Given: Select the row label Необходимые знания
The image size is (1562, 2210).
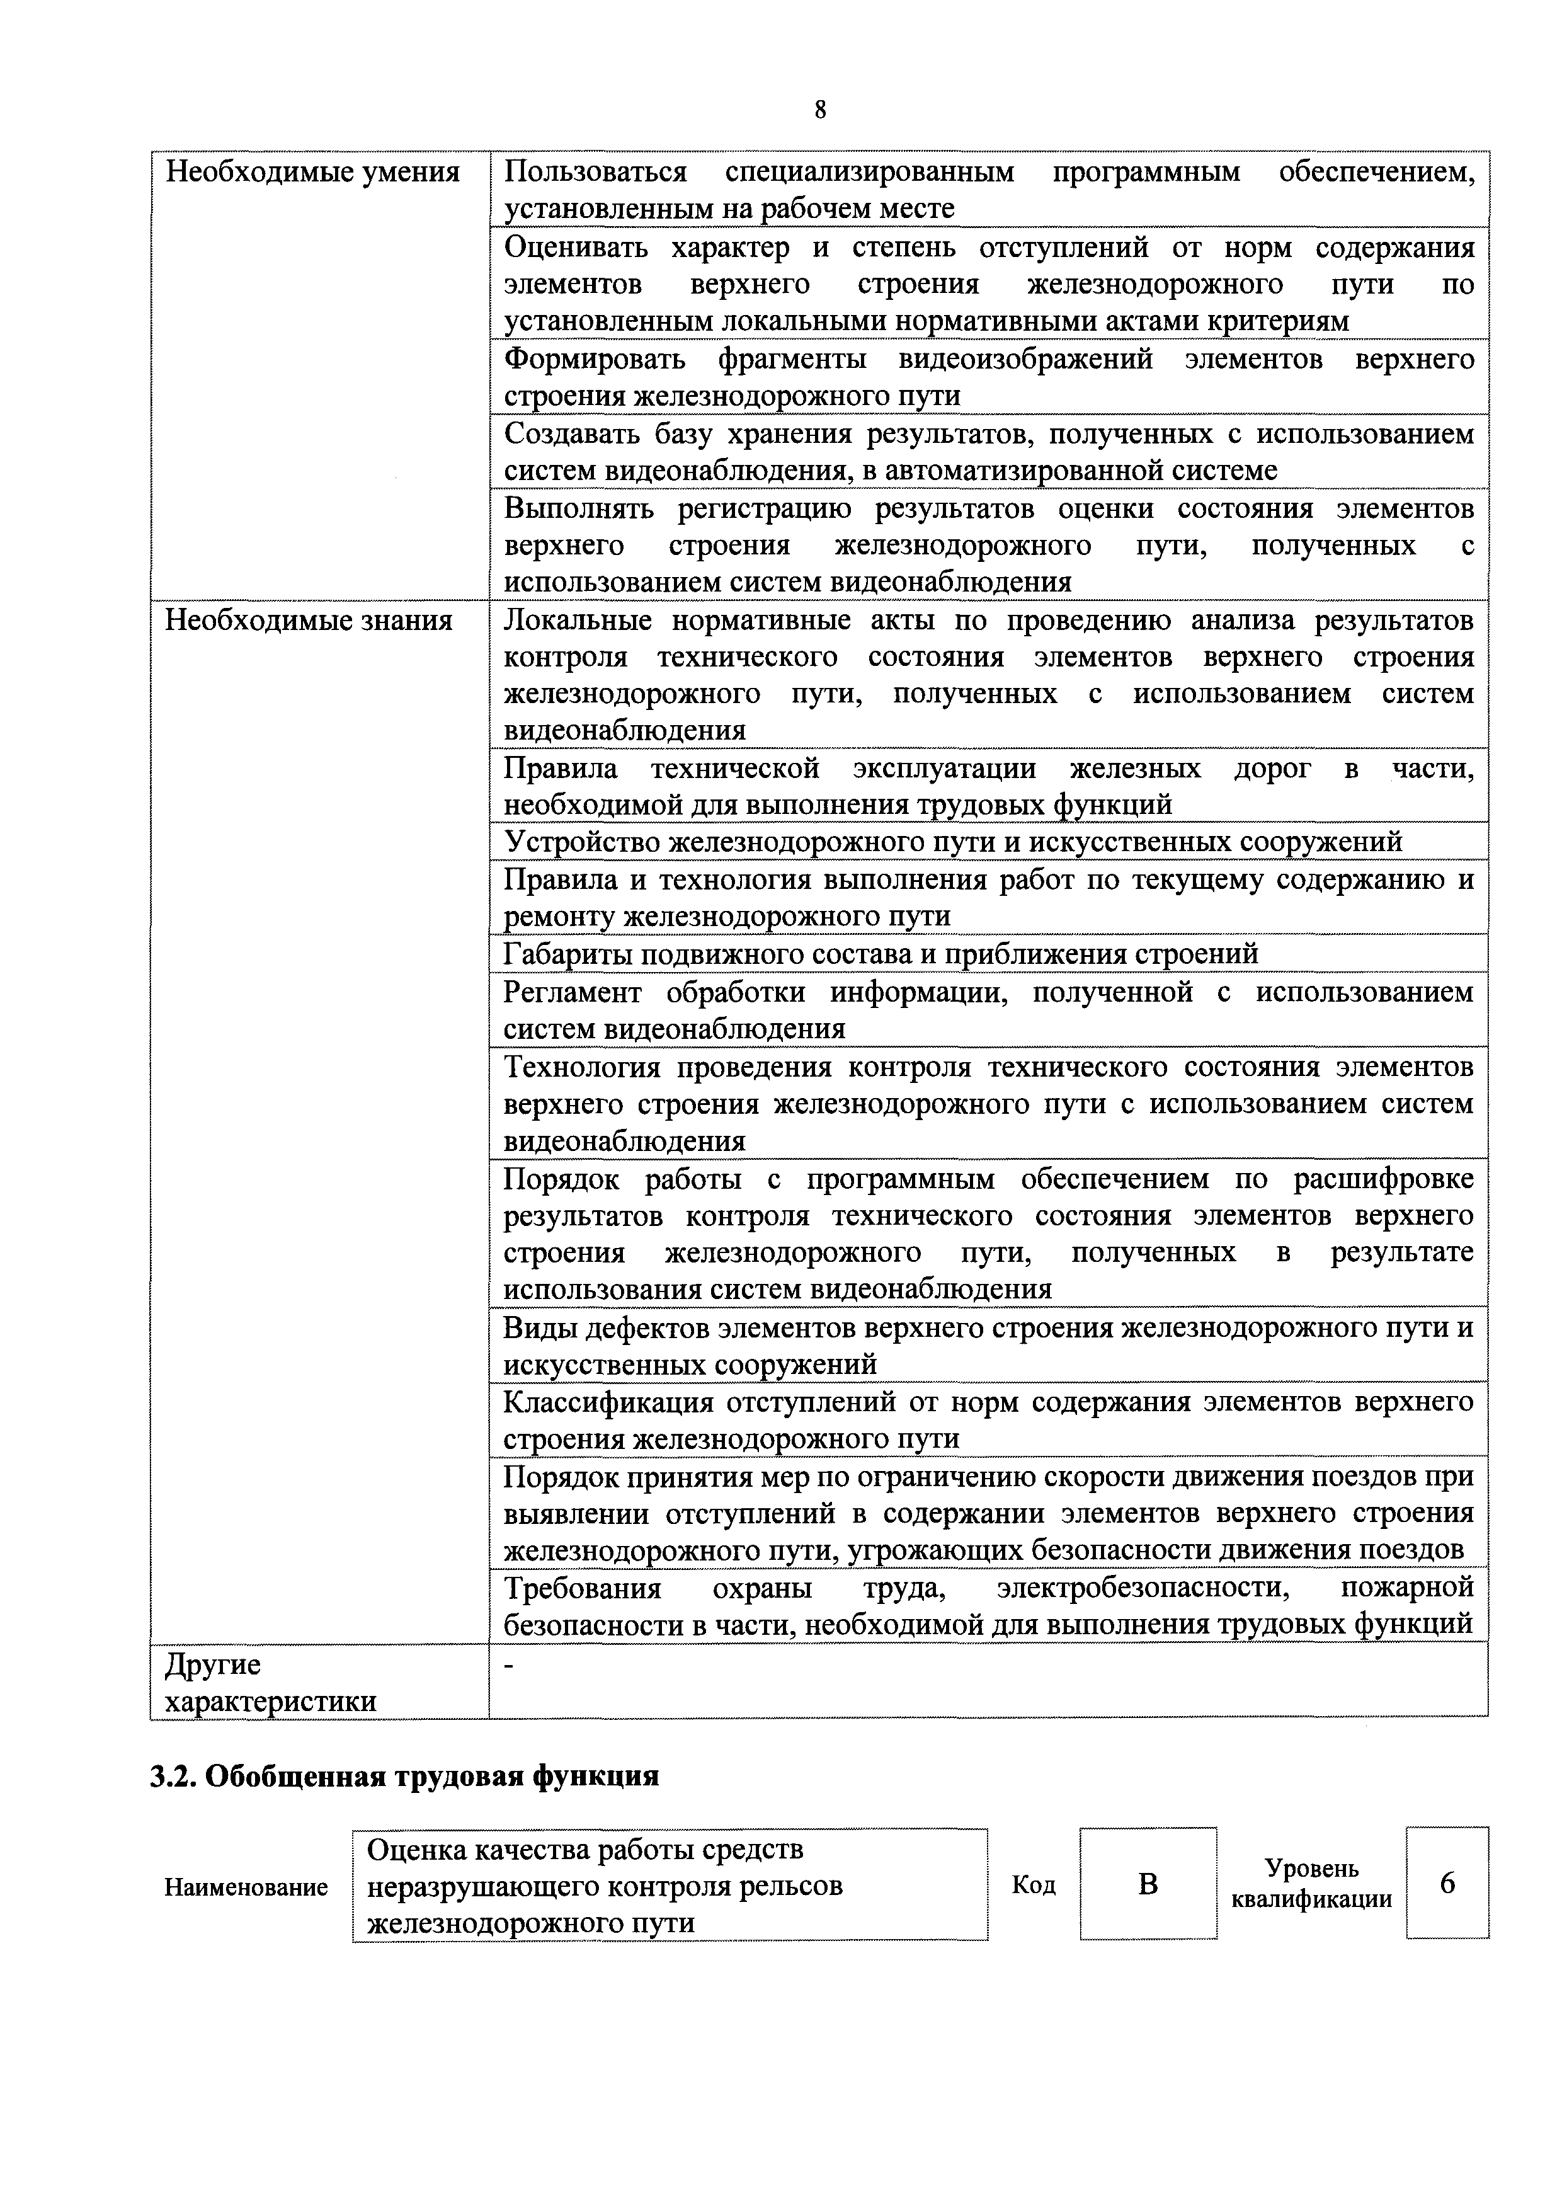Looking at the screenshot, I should point(308,621).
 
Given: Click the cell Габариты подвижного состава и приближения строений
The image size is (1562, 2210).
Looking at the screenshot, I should point(881,954).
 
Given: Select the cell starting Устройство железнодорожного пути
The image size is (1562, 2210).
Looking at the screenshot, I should point(953,842).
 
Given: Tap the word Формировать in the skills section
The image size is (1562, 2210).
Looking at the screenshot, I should point(595,359).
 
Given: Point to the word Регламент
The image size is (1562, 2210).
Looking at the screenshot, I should point(572,992).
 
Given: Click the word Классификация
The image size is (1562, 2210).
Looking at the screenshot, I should point(608,1402).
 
